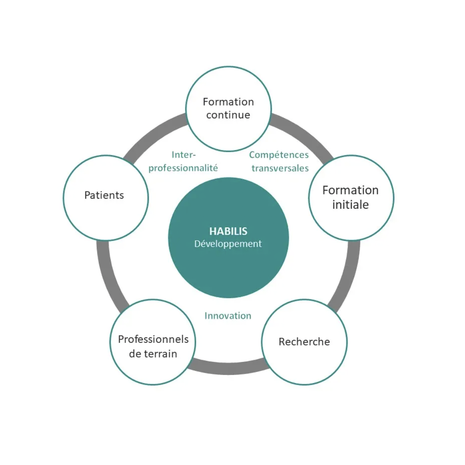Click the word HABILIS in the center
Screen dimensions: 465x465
coord(228,231)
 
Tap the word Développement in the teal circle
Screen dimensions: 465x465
coord(228,244)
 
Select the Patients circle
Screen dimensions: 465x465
coord(106,198)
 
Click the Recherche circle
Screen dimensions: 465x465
coord(304,342)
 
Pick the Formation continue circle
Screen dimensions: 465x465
coord(228,109)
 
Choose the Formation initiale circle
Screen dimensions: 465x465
coord(351,198)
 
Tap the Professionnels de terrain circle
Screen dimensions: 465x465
coord(153,342)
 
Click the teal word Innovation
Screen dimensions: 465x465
coord(228,315)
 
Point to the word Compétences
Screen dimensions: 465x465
coord(279,155)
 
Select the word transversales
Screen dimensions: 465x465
coord(280,168)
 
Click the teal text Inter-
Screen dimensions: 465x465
coord(183,154)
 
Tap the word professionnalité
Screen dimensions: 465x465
coord(183,168)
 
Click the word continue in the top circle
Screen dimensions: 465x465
coord(228,115)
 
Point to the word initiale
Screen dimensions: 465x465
coord(350,205)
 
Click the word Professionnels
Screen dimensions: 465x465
coord(153,339)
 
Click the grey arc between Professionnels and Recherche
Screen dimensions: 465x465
coord(228,368)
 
